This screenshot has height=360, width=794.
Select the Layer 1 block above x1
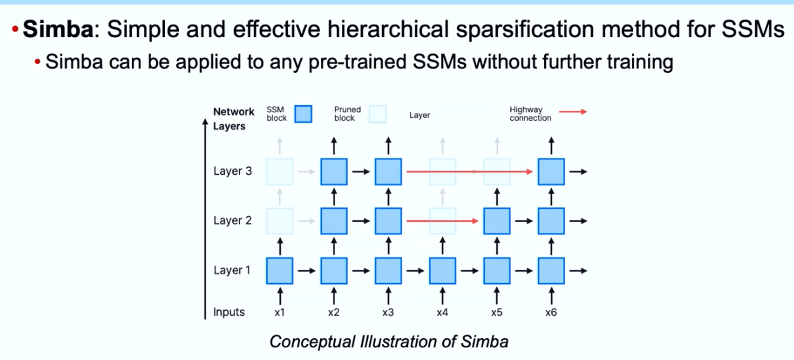click(x=279, y=271)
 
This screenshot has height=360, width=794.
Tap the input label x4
click(x=442, y=312)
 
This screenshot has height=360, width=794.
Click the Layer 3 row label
click(x=232, y=171)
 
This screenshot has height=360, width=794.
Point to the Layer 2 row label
click(x=232, y=221)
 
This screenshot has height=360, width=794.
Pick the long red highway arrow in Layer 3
click(x=470, y=172)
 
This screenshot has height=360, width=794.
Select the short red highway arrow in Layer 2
click(x=442, y=221)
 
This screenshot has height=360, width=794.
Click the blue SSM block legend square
click(x=303, y=114)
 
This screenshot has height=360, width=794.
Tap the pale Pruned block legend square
click(x=378, y=114)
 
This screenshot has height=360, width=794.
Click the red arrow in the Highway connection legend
click(x=573, y=112)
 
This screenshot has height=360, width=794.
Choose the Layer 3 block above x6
click(x=551, y=172)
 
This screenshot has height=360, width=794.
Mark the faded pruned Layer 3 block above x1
click(x=279, y=172)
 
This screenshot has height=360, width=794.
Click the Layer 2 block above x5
click(x=497, y=221)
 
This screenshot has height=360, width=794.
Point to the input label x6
click(x=551, y=312)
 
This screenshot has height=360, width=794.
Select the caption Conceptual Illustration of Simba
click(x=389, y=342)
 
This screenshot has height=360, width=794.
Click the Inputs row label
click(x=229, y=312)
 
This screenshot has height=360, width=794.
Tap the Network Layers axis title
click(x=234, y=119)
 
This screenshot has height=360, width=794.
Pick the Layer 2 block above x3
click(x=388, y=221)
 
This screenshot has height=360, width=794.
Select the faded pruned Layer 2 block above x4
click(x=442, y=221)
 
